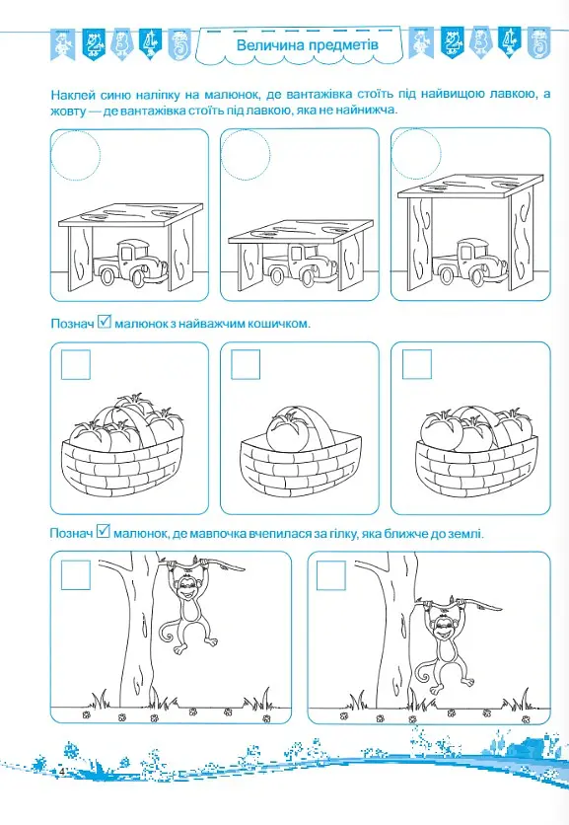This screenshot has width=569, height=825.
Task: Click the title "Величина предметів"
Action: point(307,44)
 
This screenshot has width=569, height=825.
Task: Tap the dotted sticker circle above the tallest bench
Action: point(416,153)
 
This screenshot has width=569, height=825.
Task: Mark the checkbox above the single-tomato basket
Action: point(246,364)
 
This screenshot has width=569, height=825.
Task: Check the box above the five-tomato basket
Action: point(76,364)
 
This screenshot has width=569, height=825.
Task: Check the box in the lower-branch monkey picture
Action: point(331,575)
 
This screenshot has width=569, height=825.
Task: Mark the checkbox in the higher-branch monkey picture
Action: point(76,574)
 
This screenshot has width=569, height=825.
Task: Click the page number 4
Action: point(61,772)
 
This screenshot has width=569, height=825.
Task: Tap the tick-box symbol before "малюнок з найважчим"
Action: point(105,321)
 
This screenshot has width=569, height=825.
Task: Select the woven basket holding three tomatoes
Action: point(477,466)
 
